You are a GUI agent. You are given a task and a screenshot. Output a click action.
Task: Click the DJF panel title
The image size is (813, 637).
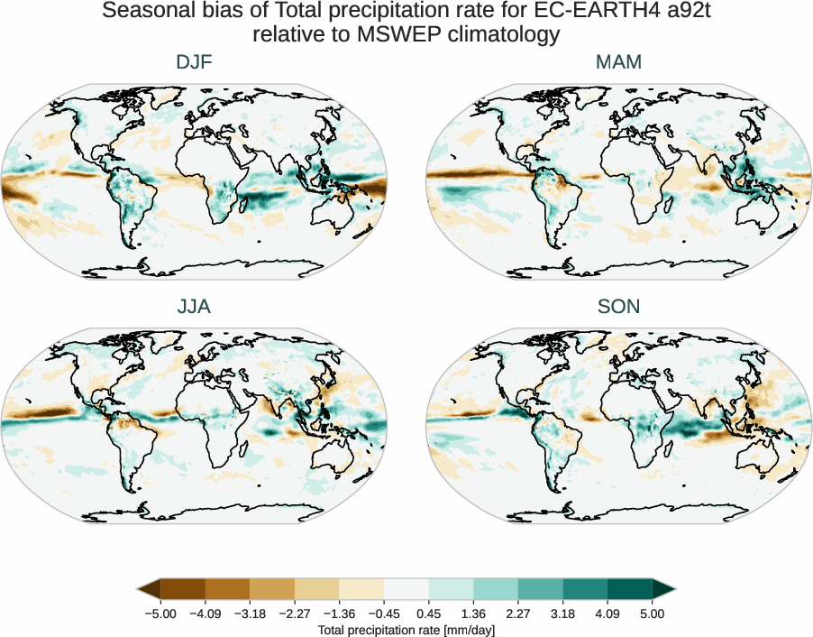[x=194, y=62]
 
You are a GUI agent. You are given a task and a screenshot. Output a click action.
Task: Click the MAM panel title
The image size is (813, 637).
[x=618, y=62]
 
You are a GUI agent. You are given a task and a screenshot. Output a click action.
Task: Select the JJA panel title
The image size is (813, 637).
[x=194, y=307]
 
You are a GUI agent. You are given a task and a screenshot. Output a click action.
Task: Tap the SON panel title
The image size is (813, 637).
[x=618, y=307]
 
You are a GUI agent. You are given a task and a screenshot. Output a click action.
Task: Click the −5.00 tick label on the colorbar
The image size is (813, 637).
[x=160, y=614]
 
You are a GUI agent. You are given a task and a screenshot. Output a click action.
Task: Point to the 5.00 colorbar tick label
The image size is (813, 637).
[x=652, y=614]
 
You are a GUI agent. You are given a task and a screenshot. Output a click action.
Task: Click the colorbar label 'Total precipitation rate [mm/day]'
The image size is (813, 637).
[x=406, y=630]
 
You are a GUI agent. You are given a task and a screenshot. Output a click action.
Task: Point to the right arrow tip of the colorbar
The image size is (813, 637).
[x=673, y=590]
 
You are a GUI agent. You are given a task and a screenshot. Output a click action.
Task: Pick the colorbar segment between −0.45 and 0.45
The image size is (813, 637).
[x=406, y=590]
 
